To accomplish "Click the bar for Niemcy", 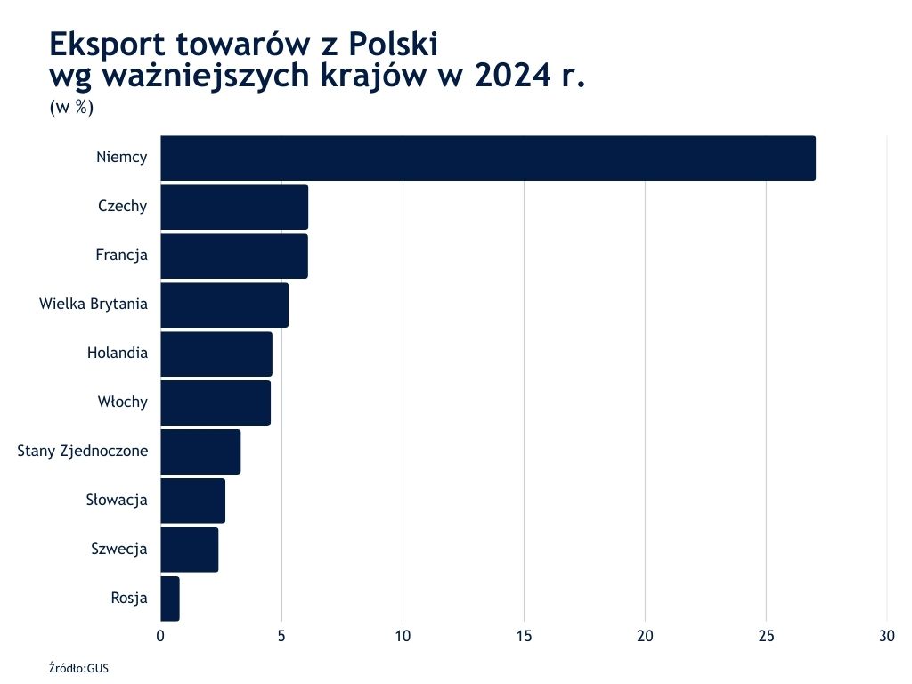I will pyautogui.click(x=488, y=159).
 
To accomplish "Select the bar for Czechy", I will pyautogui.click(x=234, y=208).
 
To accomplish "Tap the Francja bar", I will pyautogui.click(x=234, y=256).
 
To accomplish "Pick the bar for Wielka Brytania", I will pyautogui.click(x=224, y=305).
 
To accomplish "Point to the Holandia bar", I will pyautogui.click(x=216, y=354).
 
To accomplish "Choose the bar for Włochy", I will pyautogui.click(x=216, y=403).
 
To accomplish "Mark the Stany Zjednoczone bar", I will pyautogui.click(x=200, y=452).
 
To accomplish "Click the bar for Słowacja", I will pyautogui.click(x=192, y=501).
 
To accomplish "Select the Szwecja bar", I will pyautogui.click(x=189, y=550).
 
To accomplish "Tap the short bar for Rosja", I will pyautogui.click(x=170, y=598).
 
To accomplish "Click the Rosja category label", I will pyautogui.click(x=129, y=598).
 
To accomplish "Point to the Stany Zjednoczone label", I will pyautogui.click(x=83, y=452).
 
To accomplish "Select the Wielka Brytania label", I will pyautogui.click(x=94, y=305).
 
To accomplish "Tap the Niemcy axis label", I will pyautogui.click(x=122, y=159).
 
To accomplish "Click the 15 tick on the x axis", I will pyautogui.click(x=524, y=636).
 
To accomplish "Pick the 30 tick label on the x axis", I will pyautogui.click(x=887, y=636).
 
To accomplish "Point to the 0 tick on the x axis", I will pyautogui.click(x=160, y=636).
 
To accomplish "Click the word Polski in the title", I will pyautogui.click(x=393, y=44).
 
